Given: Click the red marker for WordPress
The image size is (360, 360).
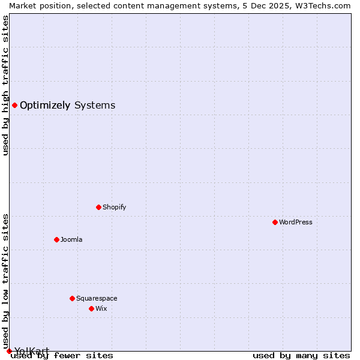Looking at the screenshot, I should tap(275, 222).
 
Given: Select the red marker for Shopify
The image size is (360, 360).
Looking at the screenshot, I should tap(98, 207).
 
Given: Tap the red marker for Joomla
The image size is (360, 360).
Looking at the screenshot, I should tap(56, 239).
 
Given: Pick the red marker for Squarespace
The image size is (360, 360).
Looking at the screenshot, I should tap(72, 298).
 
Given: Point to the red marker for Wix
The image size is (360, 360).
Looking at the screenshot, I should tap(91, 308).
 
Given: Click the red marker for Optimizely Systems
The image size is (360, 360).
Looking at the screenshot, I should tap(14, 105).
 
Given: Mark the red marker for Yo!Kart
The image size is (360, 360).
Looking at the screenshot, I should tap(9, 351).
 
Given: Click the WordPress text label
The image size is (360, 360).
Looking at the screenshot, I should tap(296, 222).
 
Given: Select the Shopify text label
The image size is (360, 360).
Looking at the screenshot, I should tap(114, 207).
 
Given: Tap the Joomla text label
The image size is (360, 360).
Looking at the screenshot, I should tap(71, 239).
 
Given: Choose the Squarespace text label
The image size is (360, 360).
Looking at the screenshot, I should tap(97, 298).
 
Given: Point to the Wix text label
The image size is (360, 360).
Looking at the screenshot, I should tap(101, 308).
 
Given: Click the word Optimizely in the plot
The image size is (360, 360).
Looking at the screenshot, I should tap(45, 106).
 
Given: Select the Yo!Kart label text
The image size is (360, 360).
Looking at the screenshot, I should tap(32, 351).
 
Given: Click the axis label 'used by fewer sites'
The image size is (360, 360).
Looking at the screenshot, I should tap(62, 355).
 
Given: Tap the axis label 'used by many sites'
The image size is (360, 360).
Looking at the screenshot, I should tap(301, 355).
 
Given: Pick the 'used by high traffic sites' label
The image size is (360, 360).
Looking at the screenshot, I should tap(5, 85).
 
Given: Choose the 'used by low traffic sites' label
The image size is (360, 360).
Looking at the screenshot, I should tap(5, 282).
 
